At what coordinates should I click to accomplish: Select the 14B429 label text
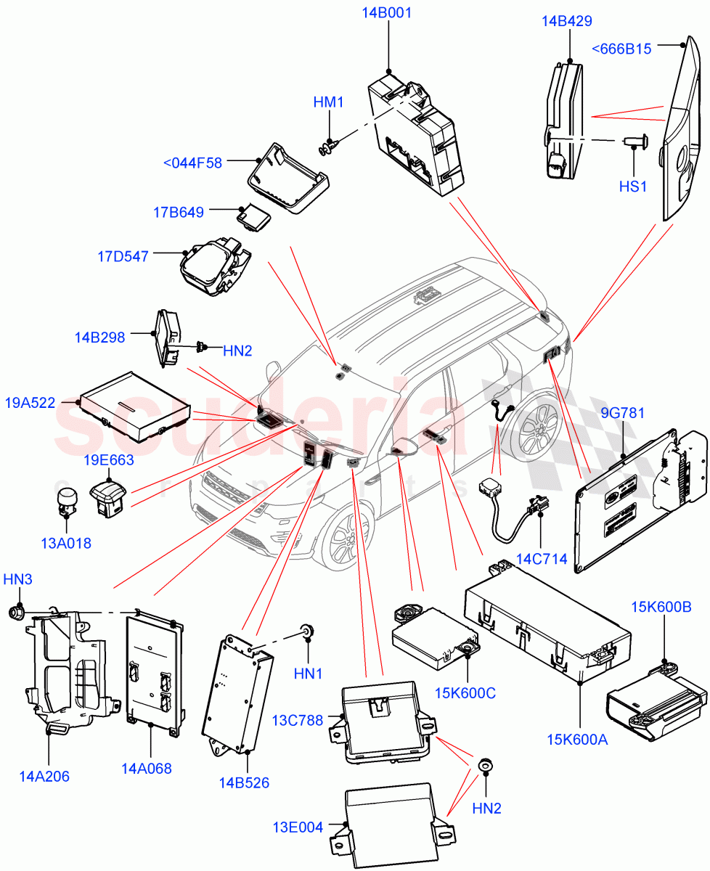[566, 21]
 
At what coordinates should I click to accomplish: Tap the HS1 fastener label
[632, 187]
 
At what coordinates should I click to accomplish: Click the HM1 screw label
[328, 102]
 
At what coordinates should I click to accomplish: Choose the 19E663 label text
[108, 459]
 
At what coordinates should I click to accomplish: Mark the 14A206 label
[44, 776]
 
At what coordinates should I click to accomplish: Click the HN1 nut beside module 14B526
[307, 631]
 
